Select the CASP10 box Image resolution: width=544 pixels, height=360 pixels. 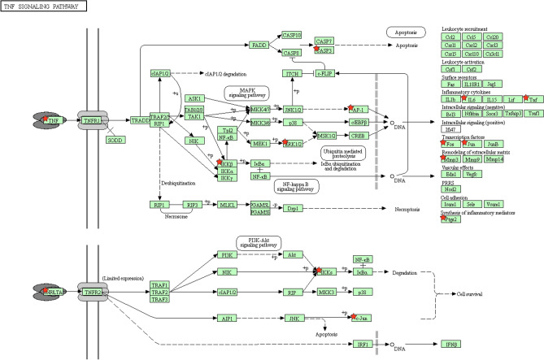[x=292, y=35]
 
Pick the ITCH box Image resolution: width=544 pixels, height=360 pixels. [x=292, y=73]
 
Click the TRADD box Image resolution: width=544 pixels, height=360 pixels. [x=140, y=120]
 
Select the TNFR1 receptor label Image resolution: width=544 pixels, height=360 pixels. [x=92, y=120]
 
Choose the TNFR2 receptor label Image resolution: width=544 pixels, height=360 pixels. [x=92, y=290]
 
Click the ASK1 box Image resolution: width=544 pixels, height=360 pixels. [x=194, y=98]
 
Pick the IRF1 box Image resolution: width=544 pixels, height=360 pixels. [x=367, y=345]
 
